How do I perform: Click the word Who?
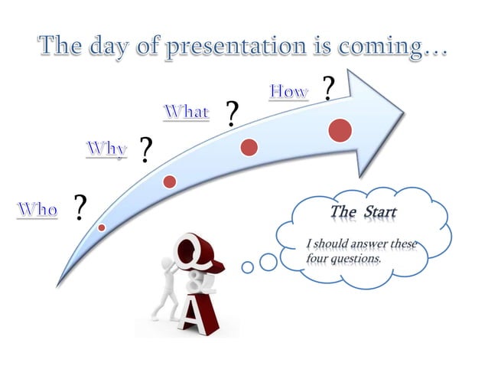click(37, 208)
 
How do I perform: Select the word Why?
click(106, 148)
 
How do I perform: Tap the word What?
click(186, 112)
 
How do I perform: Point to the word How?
click(288, 92)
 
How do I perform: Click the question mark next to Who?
click(80, 208)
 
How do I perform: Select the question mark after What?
click(230, 114)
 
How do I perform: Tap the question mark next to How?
click(328, 89)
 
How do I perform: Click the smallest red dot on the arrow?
click(102, 227)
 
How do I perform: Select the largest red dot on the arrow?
click(340, 130)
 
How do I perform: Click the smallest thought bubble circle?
click(247, 267)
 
